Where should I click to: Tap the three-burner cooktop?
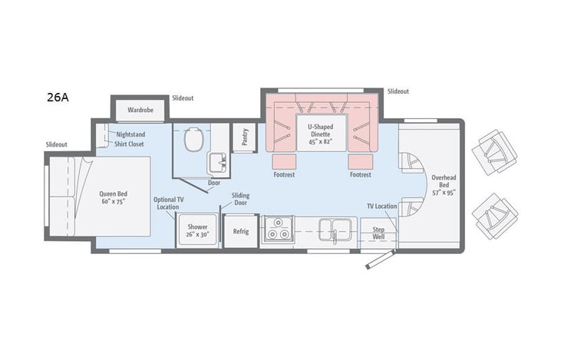pos(276,230)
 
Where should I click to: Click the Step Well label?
pos(378,233)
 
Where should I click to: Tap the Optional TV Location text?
pos(170,203)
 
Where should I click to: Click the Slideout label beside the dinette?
pos(398,91)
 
